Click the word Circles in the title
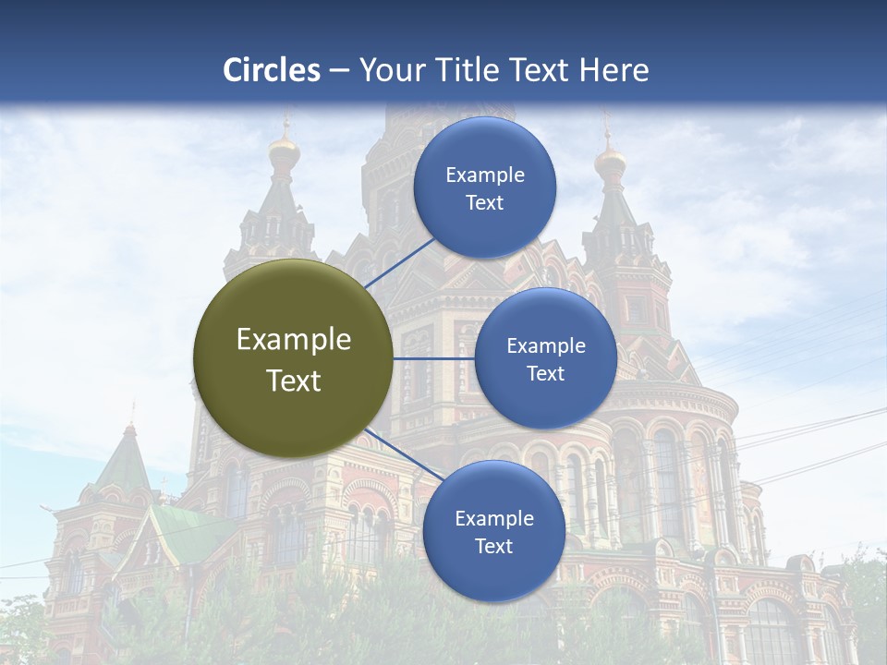point(271,70)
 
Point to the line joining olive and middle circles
point(433,358)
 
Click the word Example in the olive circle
point(294,340)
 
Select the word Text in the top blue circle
point(484,202)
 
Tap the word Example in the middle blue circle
point(545,346)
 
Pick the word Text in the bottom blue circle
point(493,546)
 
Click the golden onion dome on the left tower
point(285,151)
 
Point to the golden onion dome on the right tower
point(610,163)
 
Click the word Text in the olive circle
point(294,381)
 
